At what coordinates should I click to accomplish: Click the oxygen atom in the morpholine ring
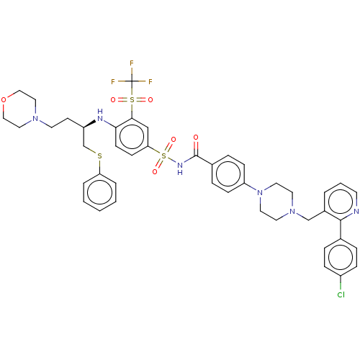coord(4,99)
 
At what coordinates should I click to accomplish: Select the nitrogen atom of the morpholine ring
coord(35,118)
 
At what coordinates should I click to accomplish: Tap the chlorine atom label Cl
coord(341,294)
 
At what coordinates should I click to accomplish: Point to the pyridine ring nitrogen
coord(356,211)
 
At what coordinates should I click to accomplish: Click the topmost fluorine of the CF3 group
coord(132,63)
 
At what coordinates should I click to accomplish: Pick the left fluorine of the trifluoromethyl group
coord(113,81)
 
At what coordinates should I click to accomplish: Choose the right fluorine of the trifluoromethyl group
coord(150,81)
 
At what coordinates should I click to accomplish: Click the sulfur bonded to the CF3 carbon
coord(132,99)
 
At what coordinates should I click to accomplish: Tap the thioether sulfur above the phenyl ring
coord(99,156)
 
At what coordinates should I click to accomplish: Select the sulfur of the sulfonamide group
coord(164,156)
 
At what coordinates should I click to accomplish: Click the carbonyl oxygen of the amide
coord(196,138)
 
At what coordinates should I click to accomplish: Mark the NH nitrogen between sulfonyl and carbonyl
coord(180,168)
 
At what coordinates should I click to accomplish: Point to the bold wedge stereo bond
coord(89,124)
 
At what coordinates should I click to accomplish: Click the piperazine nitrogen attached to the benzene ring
coord(260,192)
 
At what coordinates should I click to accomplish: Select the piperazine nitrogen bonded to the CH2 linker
coord(292,211)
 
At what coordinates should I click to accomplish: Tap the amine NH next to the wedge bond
coord(100,115)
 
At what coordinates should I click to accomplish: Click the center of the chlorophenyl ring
coord(341,257)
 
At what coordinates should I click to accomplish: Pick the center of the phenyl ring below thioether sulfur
coord(99,192)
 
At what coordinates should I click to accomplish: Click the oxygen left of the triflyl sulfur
coord(113,99)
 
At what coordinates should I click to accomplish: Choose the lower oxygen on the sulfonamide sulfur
coord(155,171)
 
